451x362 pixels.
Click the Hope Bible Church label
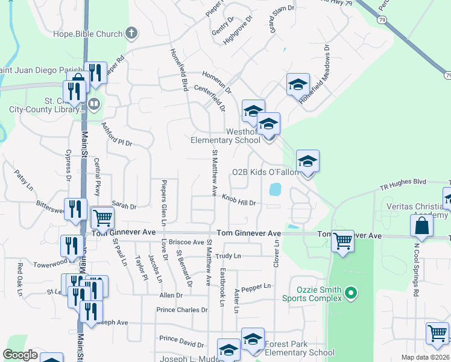tap(88, 34)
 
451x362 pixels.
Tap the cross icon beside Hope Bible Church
tap(133, 34)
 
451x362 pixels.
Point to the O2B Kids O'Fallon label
tap(266, 172)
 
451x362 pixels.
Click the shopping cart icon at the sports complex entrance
tap(343, 241)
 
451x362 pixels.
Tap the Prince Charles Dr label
tap(182, 310)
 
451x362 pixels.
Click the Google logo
tap(20, 354)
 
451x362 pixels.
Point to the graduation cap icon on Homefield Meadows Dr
tap(297, 84)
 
